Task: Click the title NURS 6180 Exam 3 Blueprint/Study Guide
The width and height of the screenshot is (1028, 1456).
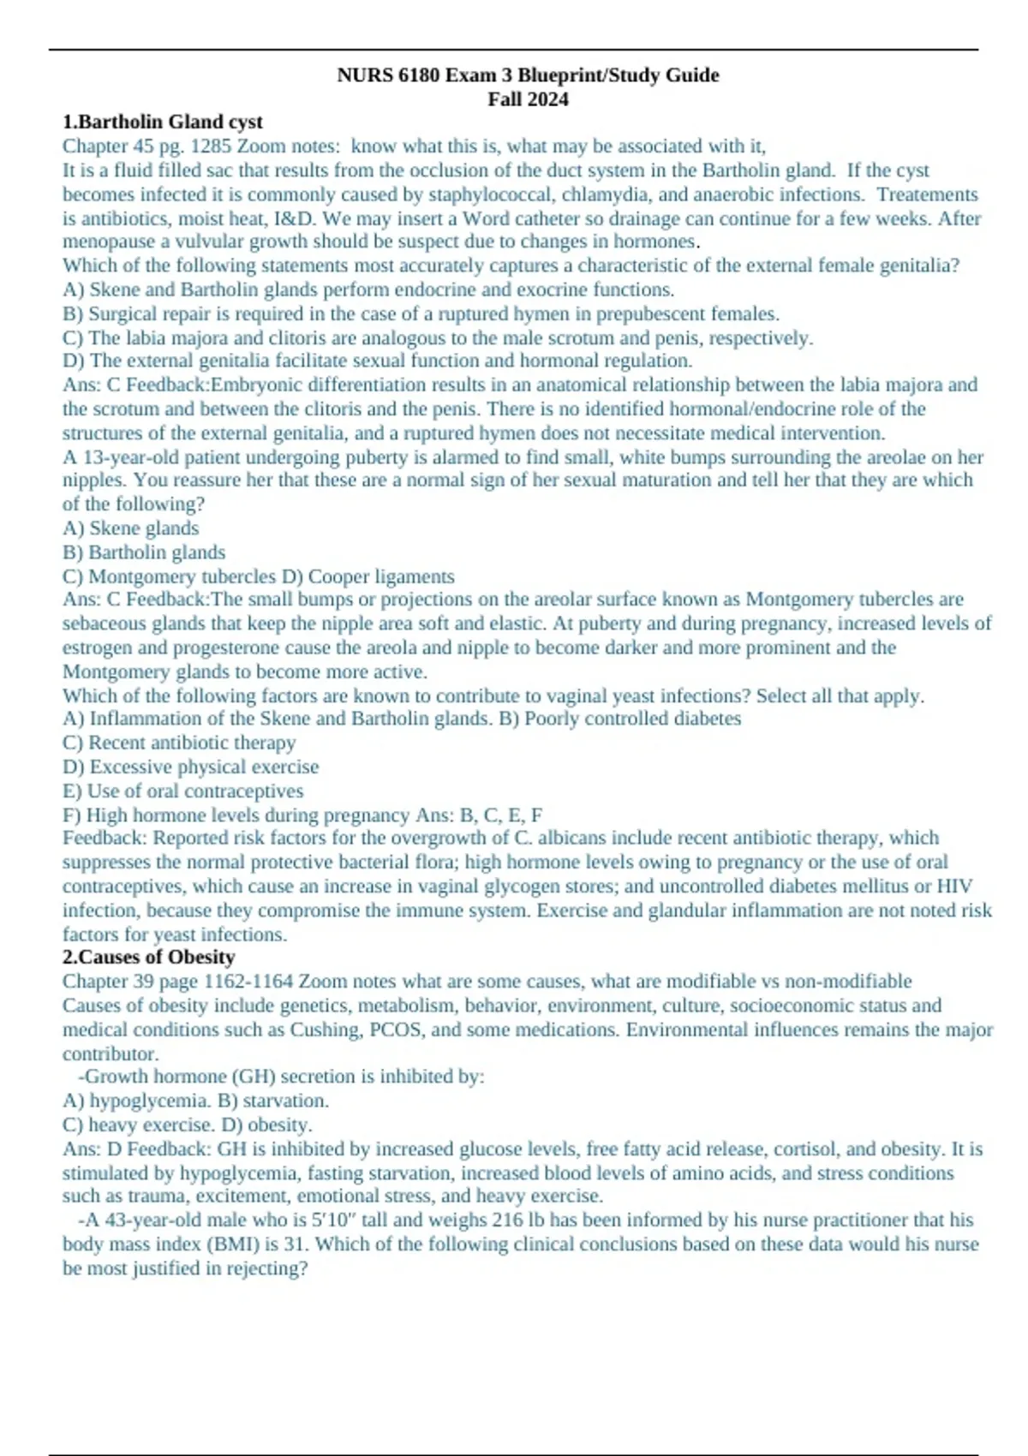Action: click(528, 75)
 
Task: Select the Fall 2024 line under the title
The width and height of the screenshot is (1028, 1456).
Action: click(528, 99)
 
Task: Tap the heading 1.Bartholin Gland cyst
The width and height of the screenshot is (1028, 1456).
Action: click(162, 122)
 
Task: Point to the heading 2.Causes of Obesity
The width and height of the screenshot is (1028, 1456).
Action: click(148, 958)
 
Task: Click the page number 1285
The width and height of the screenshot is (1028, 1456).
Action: click(211, 146)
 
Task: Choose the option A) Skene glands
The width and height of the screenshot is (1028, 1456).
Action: click(130, 528)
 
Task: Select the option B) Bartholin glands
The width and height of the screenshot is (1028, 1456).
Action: click(144, 552)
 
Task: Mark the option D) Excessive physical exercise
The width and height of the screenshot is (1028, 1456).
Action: click(190, 767)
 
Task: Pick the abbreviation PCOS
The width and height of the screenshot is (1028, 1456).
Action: click(396, 1029)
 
